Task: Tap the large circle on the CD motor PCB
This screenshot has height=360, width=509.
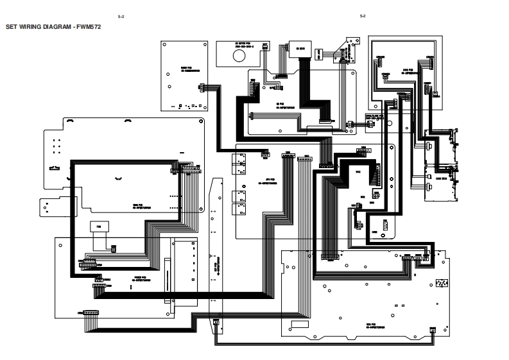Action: [x=239, y=56]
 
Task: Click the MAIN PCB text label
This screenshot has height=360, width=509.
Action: [x=140, y=207]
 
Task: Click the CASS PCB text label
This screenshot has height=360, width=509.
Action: [x=406, y=70]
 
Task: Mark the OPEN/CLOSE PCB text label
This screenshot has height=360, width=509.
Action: [x=374, y=117]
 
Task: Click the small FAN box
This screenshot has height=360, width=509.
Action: [x=99, y=226]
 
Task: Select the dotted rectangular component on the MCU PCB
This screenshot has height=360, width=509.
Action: [x=442, y=282]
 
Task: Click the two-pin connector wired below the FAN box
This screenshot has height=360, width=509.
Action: [x=114, y=247]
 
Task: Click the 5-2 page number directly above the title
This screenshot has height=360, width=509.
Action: [x=121, y=16]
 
